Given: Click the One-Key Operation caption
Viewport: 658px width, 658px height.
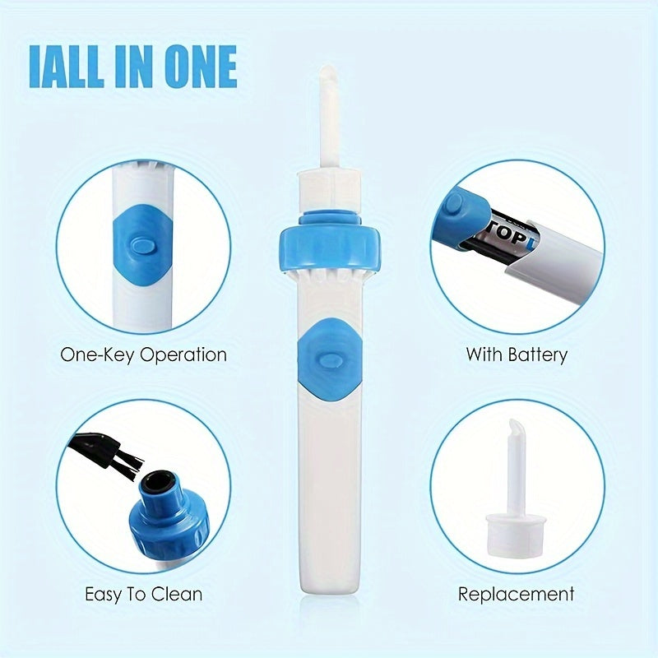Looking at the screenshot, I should (x=143, y=355).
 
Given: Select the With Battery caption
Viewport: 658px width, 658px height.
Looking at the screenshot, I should (x=517, y=355).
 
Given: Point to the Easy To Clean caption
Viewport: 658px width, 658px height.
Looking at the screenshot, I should (x=143, y=594).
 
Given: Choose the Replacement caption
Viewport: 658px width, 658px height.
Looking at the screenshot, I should (x=517, y=594).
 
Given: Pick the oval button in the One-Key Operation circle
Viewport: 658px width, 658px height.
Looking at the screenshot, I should (x=142, y=244).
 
